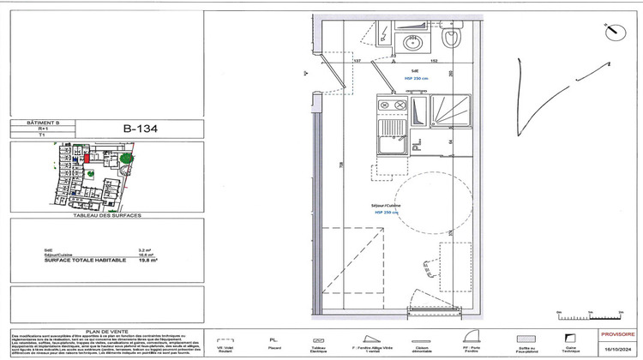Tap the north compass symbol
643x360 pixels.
tap(612, 33)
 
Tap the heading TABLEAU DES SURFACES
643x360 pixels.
tap(108, 214)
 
